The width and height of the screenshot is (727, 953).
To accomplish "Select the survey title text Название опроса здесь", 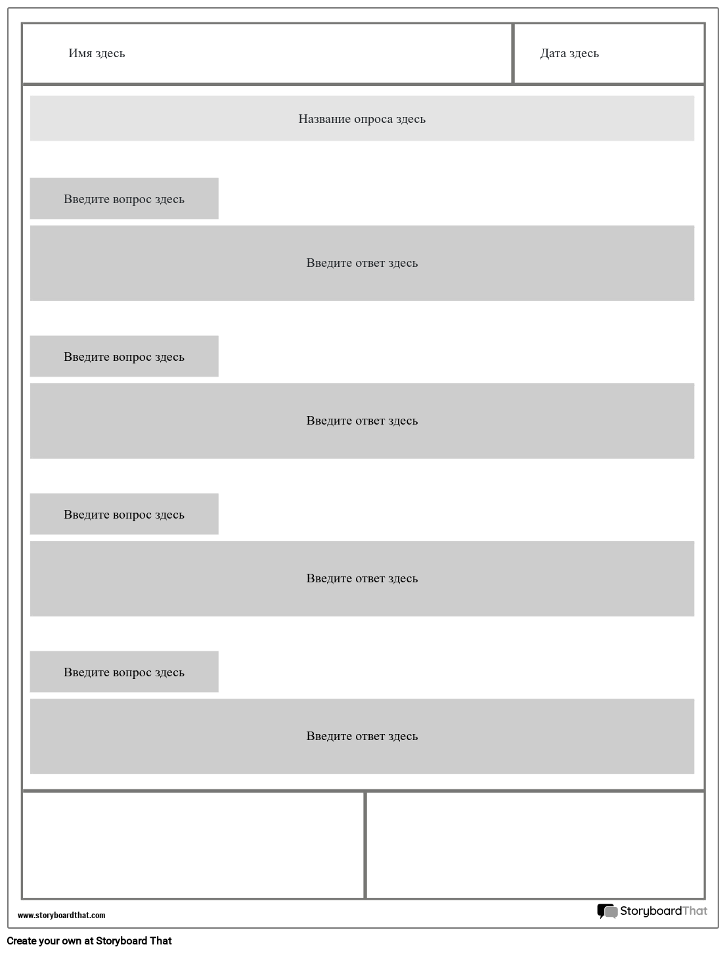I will tap(362, 119).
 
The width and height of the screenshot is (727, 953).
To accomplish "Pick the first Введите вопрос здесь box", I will tap(124, 198).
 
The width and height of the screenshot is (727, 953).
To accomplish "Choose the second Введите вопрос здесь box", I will tap(124, 356).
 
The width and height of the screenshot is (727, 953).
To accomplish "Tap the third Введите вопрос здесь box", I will tap(124, 514).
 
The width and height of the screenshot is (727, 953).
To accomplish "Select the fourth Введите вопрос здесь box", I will tap(124, 672).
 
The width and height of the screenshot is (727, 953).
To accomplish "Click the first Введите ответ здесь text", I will tap(362, 263).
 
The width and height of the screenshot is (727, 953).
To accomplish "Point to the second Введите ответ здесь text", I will tap(362, 421).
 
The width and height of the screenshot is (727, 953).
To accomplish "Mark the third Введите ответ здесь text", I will tap(362, 578).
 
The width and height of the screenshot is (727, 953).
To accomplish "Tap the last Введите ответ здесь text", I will tap(362, 736).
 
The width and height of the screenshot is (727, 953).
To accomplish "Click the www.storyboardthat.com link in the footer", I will tap(61, 915).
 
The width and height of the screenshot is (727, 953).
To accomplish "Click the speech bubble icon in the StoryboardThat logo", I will tap(607, 911).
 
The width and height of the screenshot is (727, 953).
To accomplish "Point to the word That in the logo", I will tap(695, 911).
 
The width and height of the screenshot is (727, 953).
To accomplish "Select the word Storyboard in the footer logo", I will tap(650, 911).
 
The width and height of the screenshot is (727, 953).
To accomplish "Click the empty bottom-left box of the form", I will tap(193, 845).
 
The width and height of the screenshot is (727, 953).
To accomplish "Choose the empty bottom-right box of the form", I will tap(535, 845).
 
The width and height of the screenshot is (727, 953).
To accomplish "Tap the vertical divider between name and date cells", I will tap(512, 53).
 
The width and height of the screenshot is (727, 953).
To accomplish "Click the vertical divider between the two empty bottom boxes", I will tap(365, 845).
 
